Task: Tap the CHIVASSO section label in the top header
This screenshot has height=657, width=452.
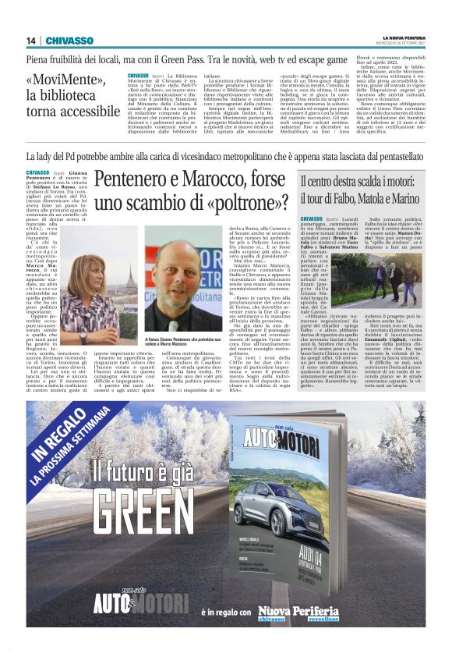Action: [69, 41]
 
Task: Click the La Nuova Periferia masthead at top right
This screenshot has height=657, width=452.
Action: [403, 37]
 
